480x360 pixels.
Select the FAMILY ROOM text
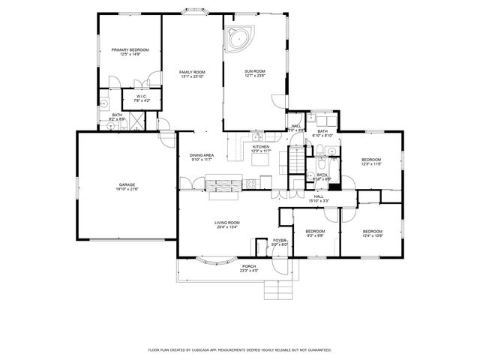(x=192, y=71)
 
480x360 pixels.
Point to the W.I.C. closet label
(x=142, y=95)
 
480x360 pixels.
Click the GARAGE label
(x=127, y=184)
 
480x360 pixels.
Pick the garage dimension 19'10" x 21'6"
(x=127, y=189)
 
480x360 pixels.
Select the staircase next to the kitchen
(x=298, y=158)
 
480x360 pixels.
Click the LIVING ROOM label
(x=227, y=222)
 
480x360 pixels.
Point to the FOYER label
(x=279, y=240)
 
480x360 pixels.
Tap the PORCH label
(x=249, y=266)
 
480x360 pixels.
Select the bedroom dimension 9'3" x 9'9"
(x=315, y=235)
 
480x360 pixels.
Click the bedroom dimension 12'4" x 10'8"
(x=373, y=235)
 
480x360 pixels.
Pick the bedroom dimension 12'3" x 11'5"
(x=371, y=164)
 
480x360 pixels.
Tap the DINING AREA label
(x=202, y=154)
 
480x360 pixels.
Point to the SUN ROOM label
(x=255, y=71)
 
